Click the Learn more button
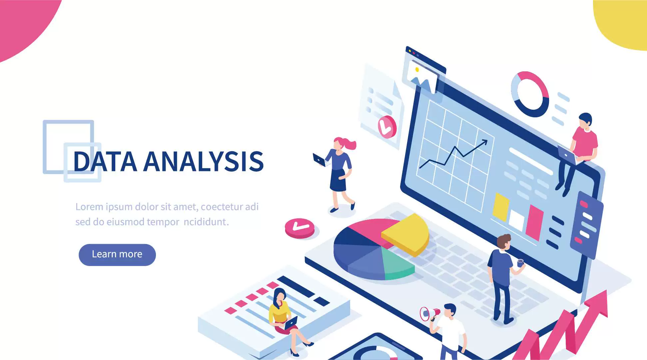(117, 255)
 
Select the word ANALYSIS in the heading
(204, 162)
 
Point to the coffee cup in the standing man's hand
(520, 263)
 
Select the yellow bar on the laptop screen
(501, 207)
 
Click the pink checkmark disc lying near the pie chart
(300, 228)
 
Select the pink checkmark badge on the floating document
(387, 127)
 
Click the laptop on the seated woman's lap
(291, 323)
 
